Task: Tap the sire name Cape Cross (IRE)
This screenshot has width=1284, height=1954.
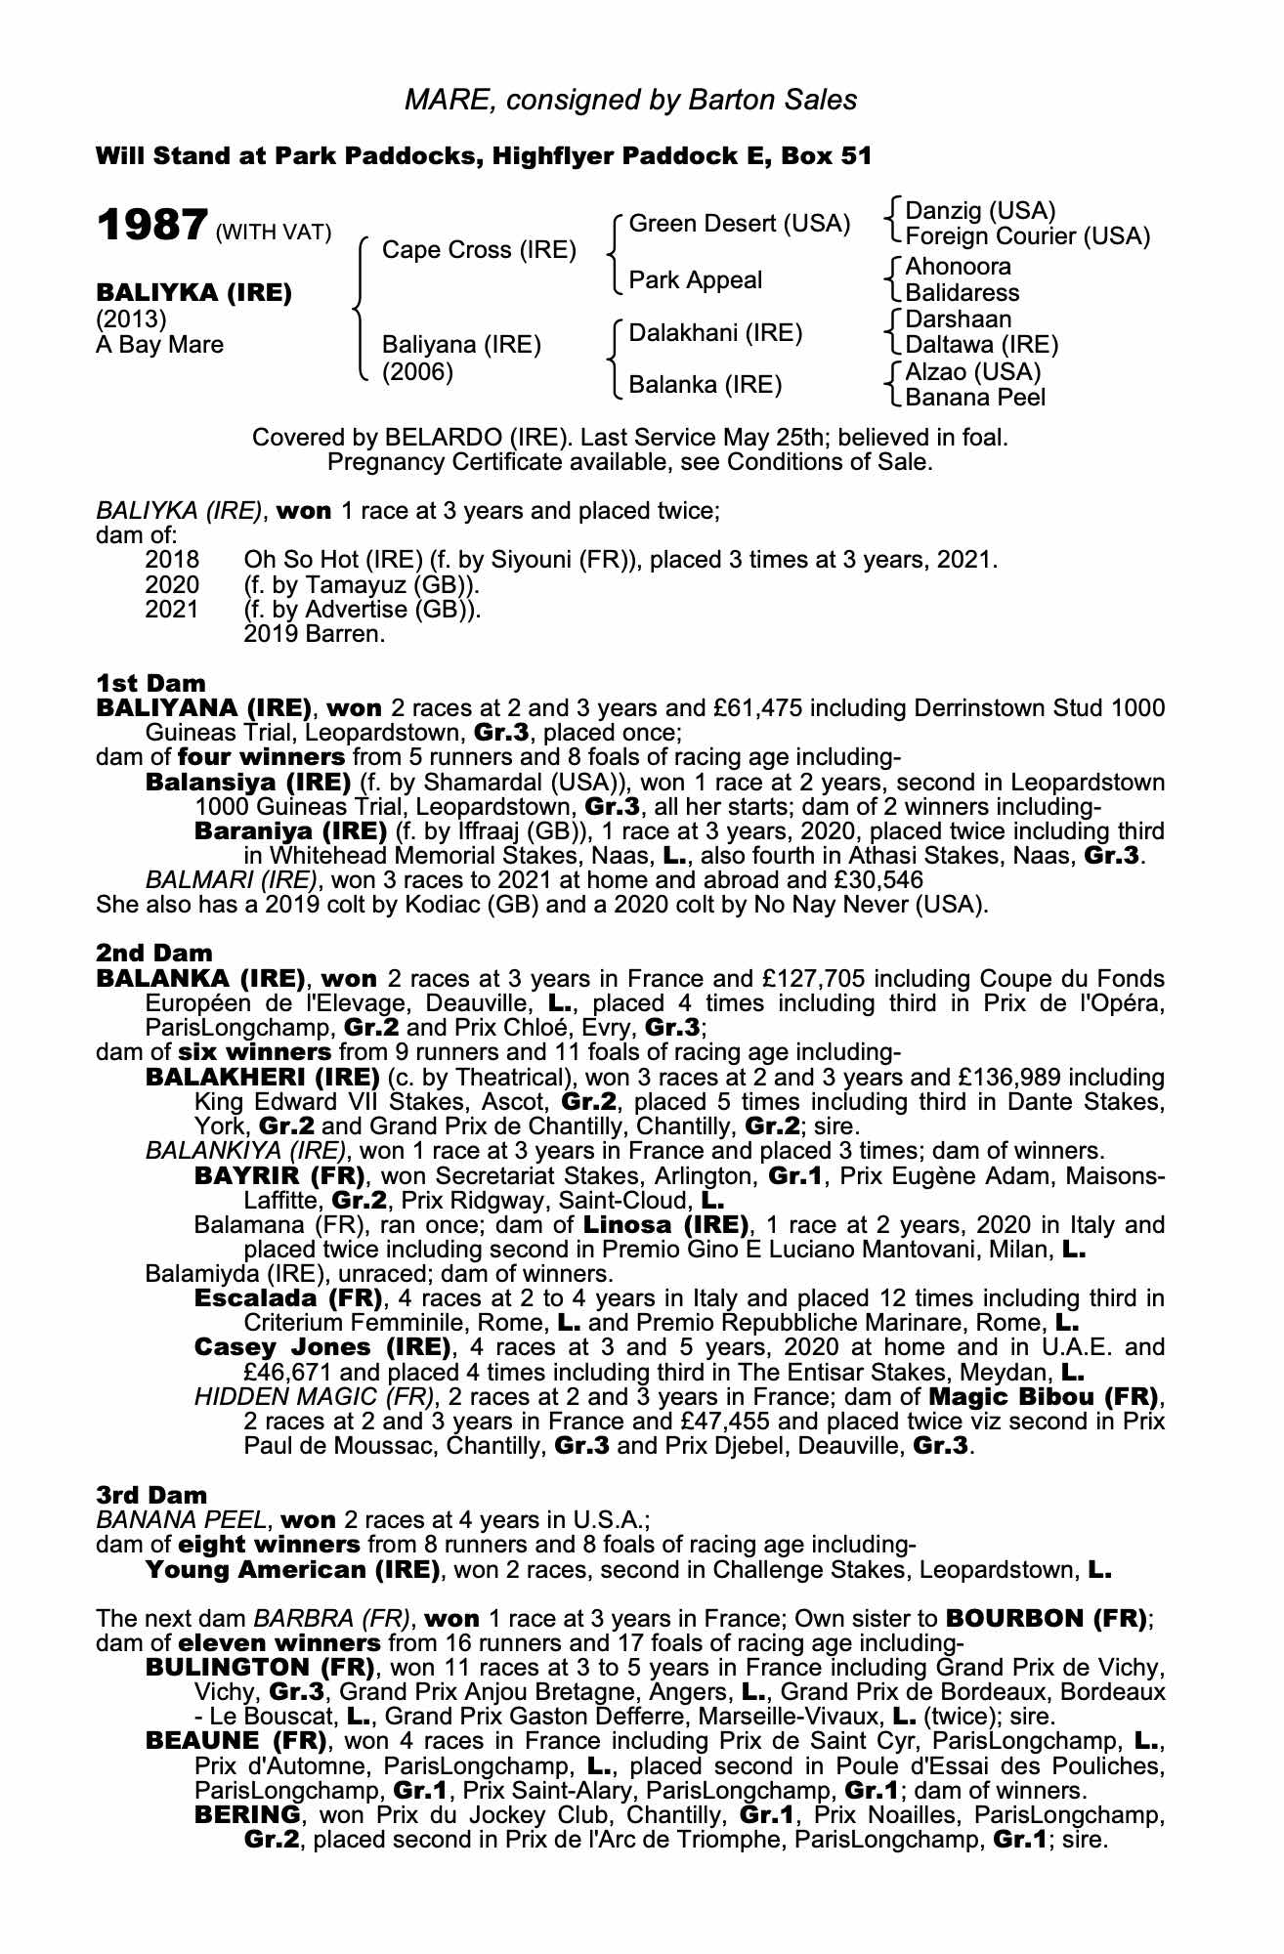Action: [x=479, y=250]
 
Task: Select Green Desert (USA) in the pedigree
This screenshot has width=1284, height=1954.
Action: [x=740, y=224]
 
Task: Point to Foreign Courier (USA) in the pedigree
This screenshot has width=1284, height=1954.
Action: [x=1028, y=236]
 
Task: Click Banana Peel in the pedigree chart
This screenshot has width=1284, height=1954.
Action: [x=975, y=398]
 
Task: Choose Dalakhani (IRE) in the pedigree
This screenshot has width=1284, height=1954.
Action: [x=715, y=333]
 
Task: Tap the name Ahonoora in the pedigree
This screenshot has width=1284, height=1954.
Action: [x=959, y=267]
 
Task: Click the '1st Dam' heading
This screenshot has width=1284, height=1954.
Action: [x=150, y=681]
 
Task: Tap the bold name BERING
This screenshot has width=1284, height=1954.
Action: [x=246, y=1814]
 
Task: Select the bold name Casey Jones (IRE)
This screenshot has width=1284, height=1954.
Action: [x=322, y=1348]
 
